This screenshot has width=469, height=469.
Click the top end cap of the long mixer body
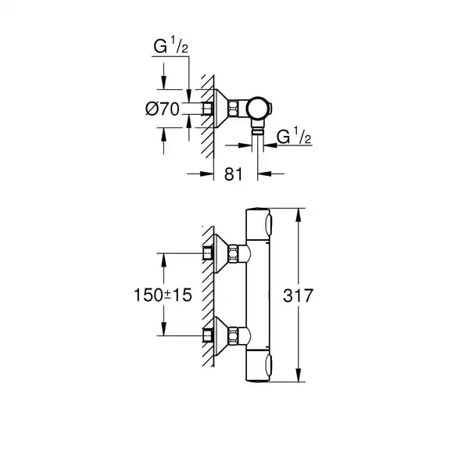click(x=258, y=220)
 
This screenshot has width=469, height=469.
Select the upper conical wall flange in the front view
click(x=231, y=253)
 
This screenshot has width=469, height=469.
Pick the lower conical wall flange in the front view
click(x=231, y=335)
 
